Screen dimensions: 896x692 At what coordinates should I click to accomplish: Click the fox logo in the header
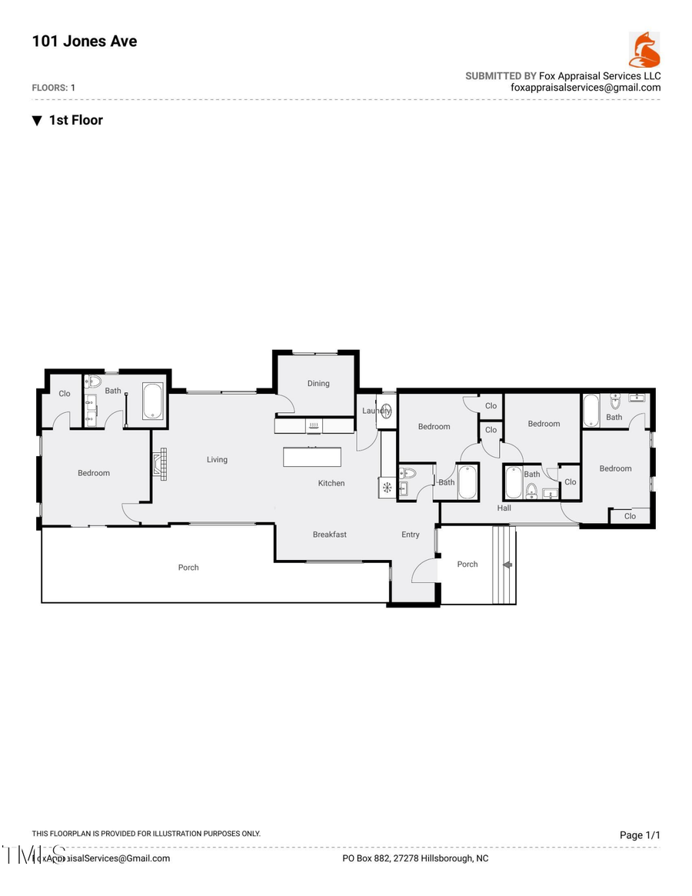point(644,50)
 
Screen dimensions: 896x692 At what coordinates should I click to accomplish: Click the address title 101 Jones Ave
point(85,42)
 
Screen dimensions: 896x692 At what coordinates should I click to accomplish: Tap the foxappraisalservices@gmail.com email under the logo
point(586,88)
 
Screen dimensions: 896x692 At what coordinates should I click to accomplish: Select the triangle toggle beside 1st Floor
point(37,121)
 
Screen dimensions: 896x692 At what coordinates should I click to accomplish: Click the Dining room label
point(318,384)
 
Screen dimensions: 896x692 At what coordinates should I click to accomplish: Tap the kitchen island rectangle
point(312,457)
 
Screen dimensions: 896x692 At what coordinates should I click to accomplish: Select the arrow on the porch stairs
point(507,565)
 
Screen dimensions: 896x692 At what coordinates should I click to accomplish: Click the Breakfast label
point(329,535)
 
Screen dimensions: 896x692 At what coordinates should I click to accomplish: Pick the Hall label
point(504,508)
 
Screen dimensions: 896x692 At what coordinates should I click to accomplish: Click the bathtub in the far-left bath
point(153,401)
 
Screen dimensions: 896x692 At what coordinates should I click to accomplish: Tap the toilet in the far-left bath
point(95,381)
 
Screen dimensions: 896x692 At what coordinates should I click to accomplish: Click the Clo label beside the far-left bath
point(64,394)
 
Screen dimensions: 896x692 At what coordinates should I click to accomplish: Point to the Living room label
point(217,460)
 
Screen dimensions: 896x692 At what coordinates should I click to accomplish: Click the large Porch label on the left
point(188,568)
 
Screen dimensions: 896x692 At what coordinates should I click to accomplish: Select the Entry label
point(411,535)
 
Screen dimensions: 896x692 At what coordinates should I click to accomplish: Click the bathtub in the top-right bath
point(591,411)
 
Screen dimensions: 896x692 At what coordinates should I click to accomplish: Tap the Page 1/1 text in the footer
point(640,835)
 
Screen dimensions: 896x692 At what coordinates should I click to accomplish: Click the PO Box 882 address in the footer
point(415,858)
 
